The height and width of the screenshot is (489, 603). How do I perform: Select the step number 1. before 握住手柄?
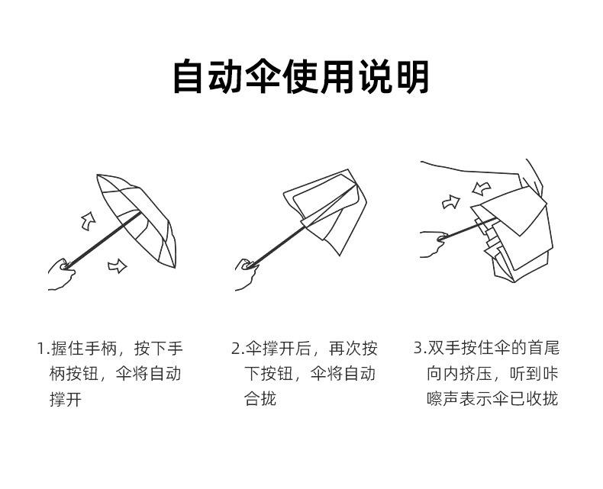(43, 349)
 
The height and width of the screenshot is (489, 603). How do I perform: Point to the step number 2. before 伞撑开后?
(237, 349)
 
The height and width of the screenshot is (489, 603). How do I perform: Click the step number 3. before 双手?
(419, 349)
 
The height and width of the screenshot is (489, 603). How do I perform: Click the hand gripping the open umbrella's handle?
(60, 273)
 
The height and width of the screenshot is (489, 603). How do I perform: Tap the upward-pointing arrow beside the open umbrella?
(88, 220)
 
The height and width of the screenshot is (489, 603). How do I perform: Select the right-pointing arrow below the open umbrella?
(117, 265)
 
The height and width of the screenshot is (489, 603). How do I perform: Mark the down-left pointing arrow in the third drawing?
(482, 187)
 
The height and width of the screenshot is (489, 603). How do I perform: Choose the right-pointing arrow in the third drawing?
(451, 201)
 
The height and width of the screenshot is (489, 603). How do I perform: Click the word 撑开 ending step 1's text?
(66, 399)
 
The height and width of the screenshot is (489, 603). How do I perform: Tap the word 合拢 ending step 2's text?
(260, 399)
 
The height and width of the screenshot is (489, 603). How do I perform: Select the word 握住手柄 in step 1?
(84, 349)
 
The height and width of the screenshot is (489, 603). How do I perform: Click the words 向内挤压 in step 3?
(461, 374)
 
